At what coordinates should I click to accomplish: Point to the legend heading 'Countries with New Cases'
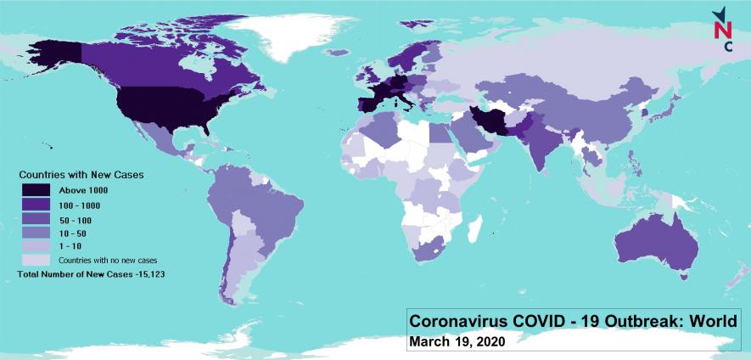pos(81,174)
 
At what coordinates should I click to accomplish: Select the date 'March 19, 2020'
pos(457,341)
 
